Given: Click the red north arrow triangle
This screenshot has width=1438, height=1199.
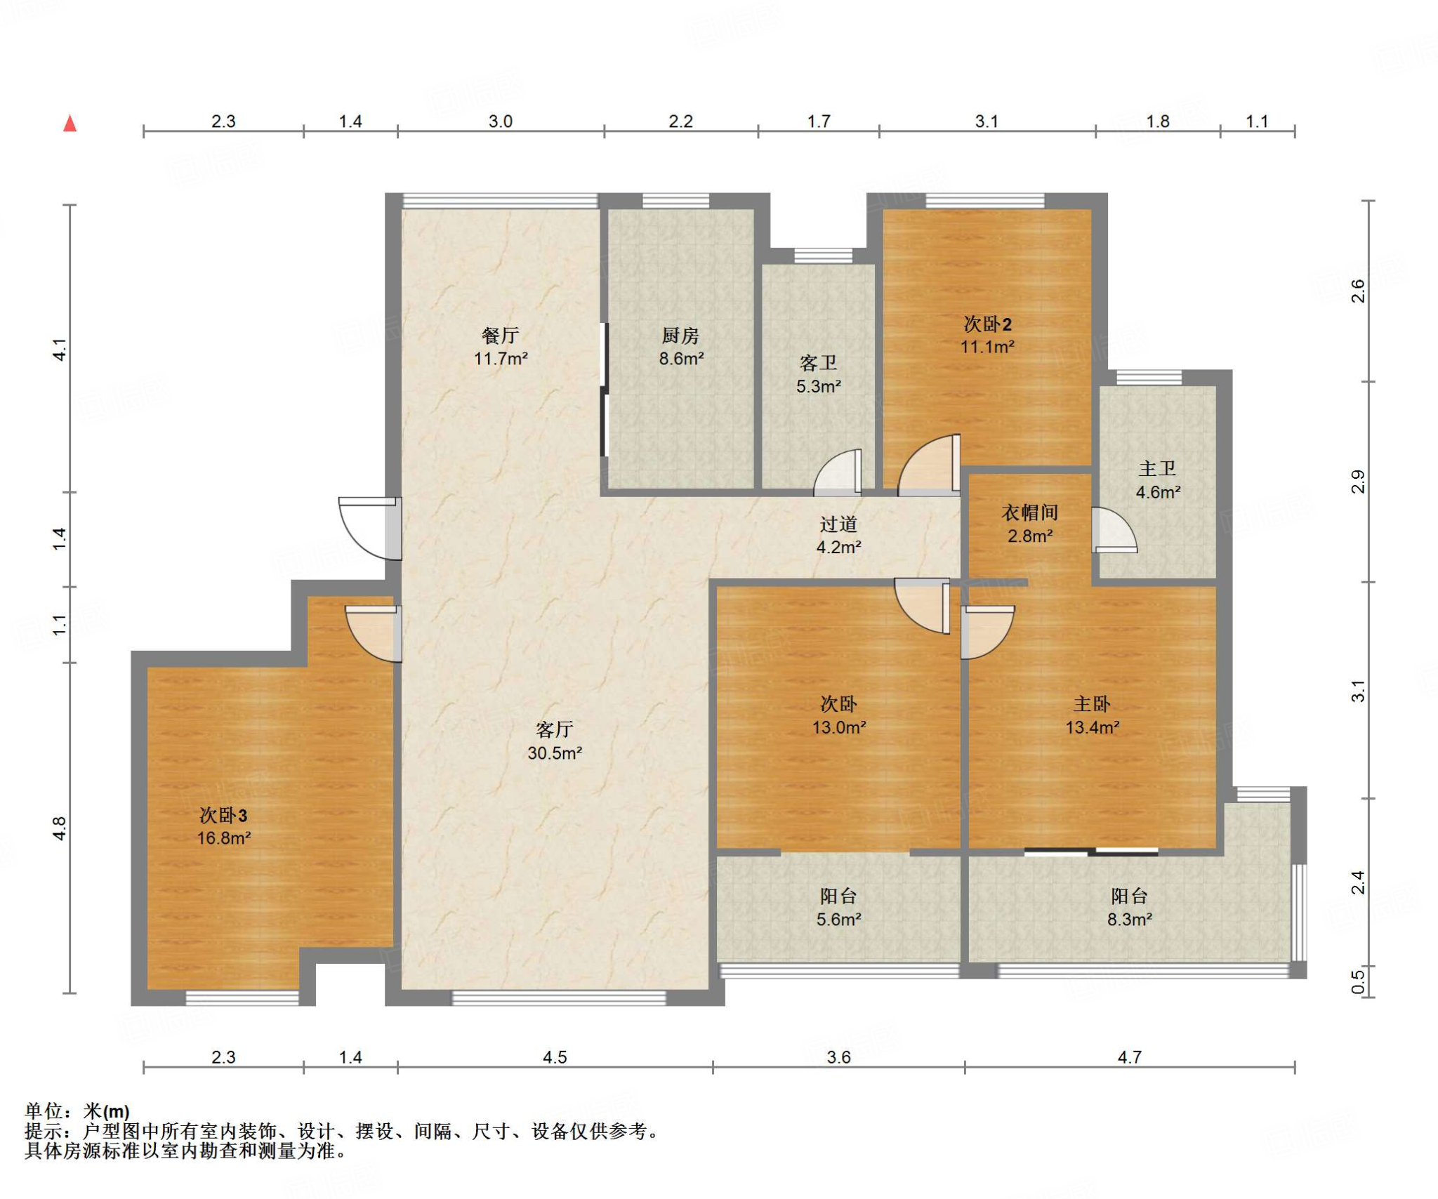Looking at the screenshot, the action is click(70, 124).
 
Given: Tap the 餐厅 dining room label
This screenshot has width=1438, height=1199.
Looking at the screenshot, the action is click(500, 336).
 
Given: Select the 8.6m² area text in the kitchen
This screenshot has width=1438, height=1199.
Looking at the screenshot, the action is click(681, 359).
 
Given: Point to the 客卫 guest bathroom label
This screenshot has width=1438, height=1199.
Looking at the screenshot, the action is click(818, 363).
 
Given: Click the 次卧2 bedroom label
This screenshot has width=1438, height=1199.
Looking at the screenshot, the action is click(987, 324).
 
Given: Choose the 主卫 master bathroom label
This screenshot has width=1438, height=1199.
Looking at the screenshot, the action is click(1157, 468).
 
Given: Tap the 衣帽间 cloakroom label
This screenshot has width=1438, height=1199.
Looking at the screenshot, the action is click(1029, 512).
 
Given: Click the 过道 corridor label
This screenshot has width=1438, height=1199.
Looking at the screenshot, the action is click(838, 524).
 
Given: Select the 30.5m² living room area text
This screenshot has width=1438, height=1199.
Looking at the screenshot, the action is click(555, 753).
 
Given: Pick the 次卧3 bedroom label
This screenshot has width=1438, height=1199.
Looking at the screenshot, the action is click(223, 815).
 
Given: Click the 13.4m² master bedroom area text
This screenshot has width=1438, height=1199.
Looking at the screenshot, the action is click(1093, 727).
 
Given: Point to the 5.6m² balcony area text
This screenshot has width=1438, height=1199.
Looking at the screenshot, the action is click(838, 919).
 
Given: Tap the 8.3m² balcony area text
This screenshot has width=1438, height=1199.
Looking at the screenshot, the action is click(1130, 919).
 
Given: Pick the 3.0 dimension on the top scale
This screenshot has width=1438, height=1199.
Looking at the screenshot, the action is click(500, 121).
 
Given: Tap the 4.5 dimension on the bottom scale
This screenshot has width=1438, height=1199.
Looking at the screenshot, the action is click(554, 1056).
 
